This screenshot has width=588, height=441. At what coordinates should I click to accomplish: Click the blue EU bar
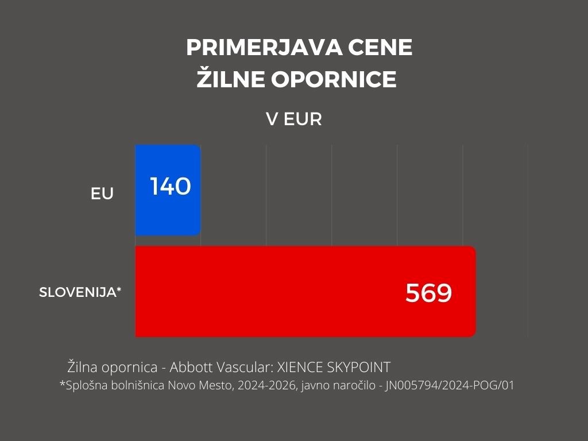[x=168, y=190]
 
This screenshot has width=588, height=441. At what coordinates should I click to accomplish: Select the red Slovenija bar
[x=305, y=291]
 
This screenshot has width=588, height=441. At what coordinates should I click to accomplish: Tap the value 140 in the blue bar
[x=171, y=186]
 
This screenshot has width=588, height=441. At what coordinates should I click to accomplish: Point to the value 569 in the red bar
[x=428, y=293]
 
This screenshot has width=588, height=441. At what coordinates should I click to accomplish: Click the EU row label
[x=102, y=194]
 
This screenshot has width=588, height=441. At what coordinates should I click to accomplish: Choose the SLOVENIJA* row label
[x=80, y=292]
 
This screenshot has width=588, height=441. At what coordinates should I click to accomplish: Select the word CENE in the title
[x=380, y=47]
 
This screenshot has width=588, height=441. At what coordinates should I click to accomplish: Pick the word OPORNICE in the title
[x=334, y=79]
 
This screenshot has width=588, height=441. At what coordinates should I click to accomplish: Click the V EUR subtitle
[x=294, y=119]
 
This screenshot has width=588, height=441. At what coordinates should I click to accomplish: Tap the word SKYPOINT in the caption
[x=359, y=367]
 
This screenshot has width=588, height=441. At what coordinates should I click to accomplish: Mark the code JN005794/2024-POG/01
[x=450, y=385]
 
